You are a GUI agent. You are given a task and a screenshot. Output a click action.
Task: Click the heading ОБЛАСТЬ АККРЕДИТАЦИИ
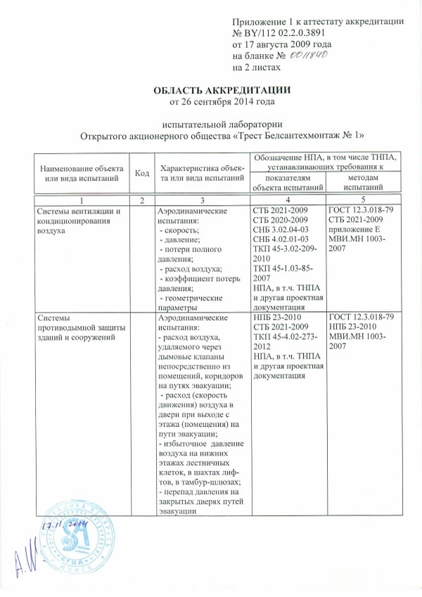coord(222,90)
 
